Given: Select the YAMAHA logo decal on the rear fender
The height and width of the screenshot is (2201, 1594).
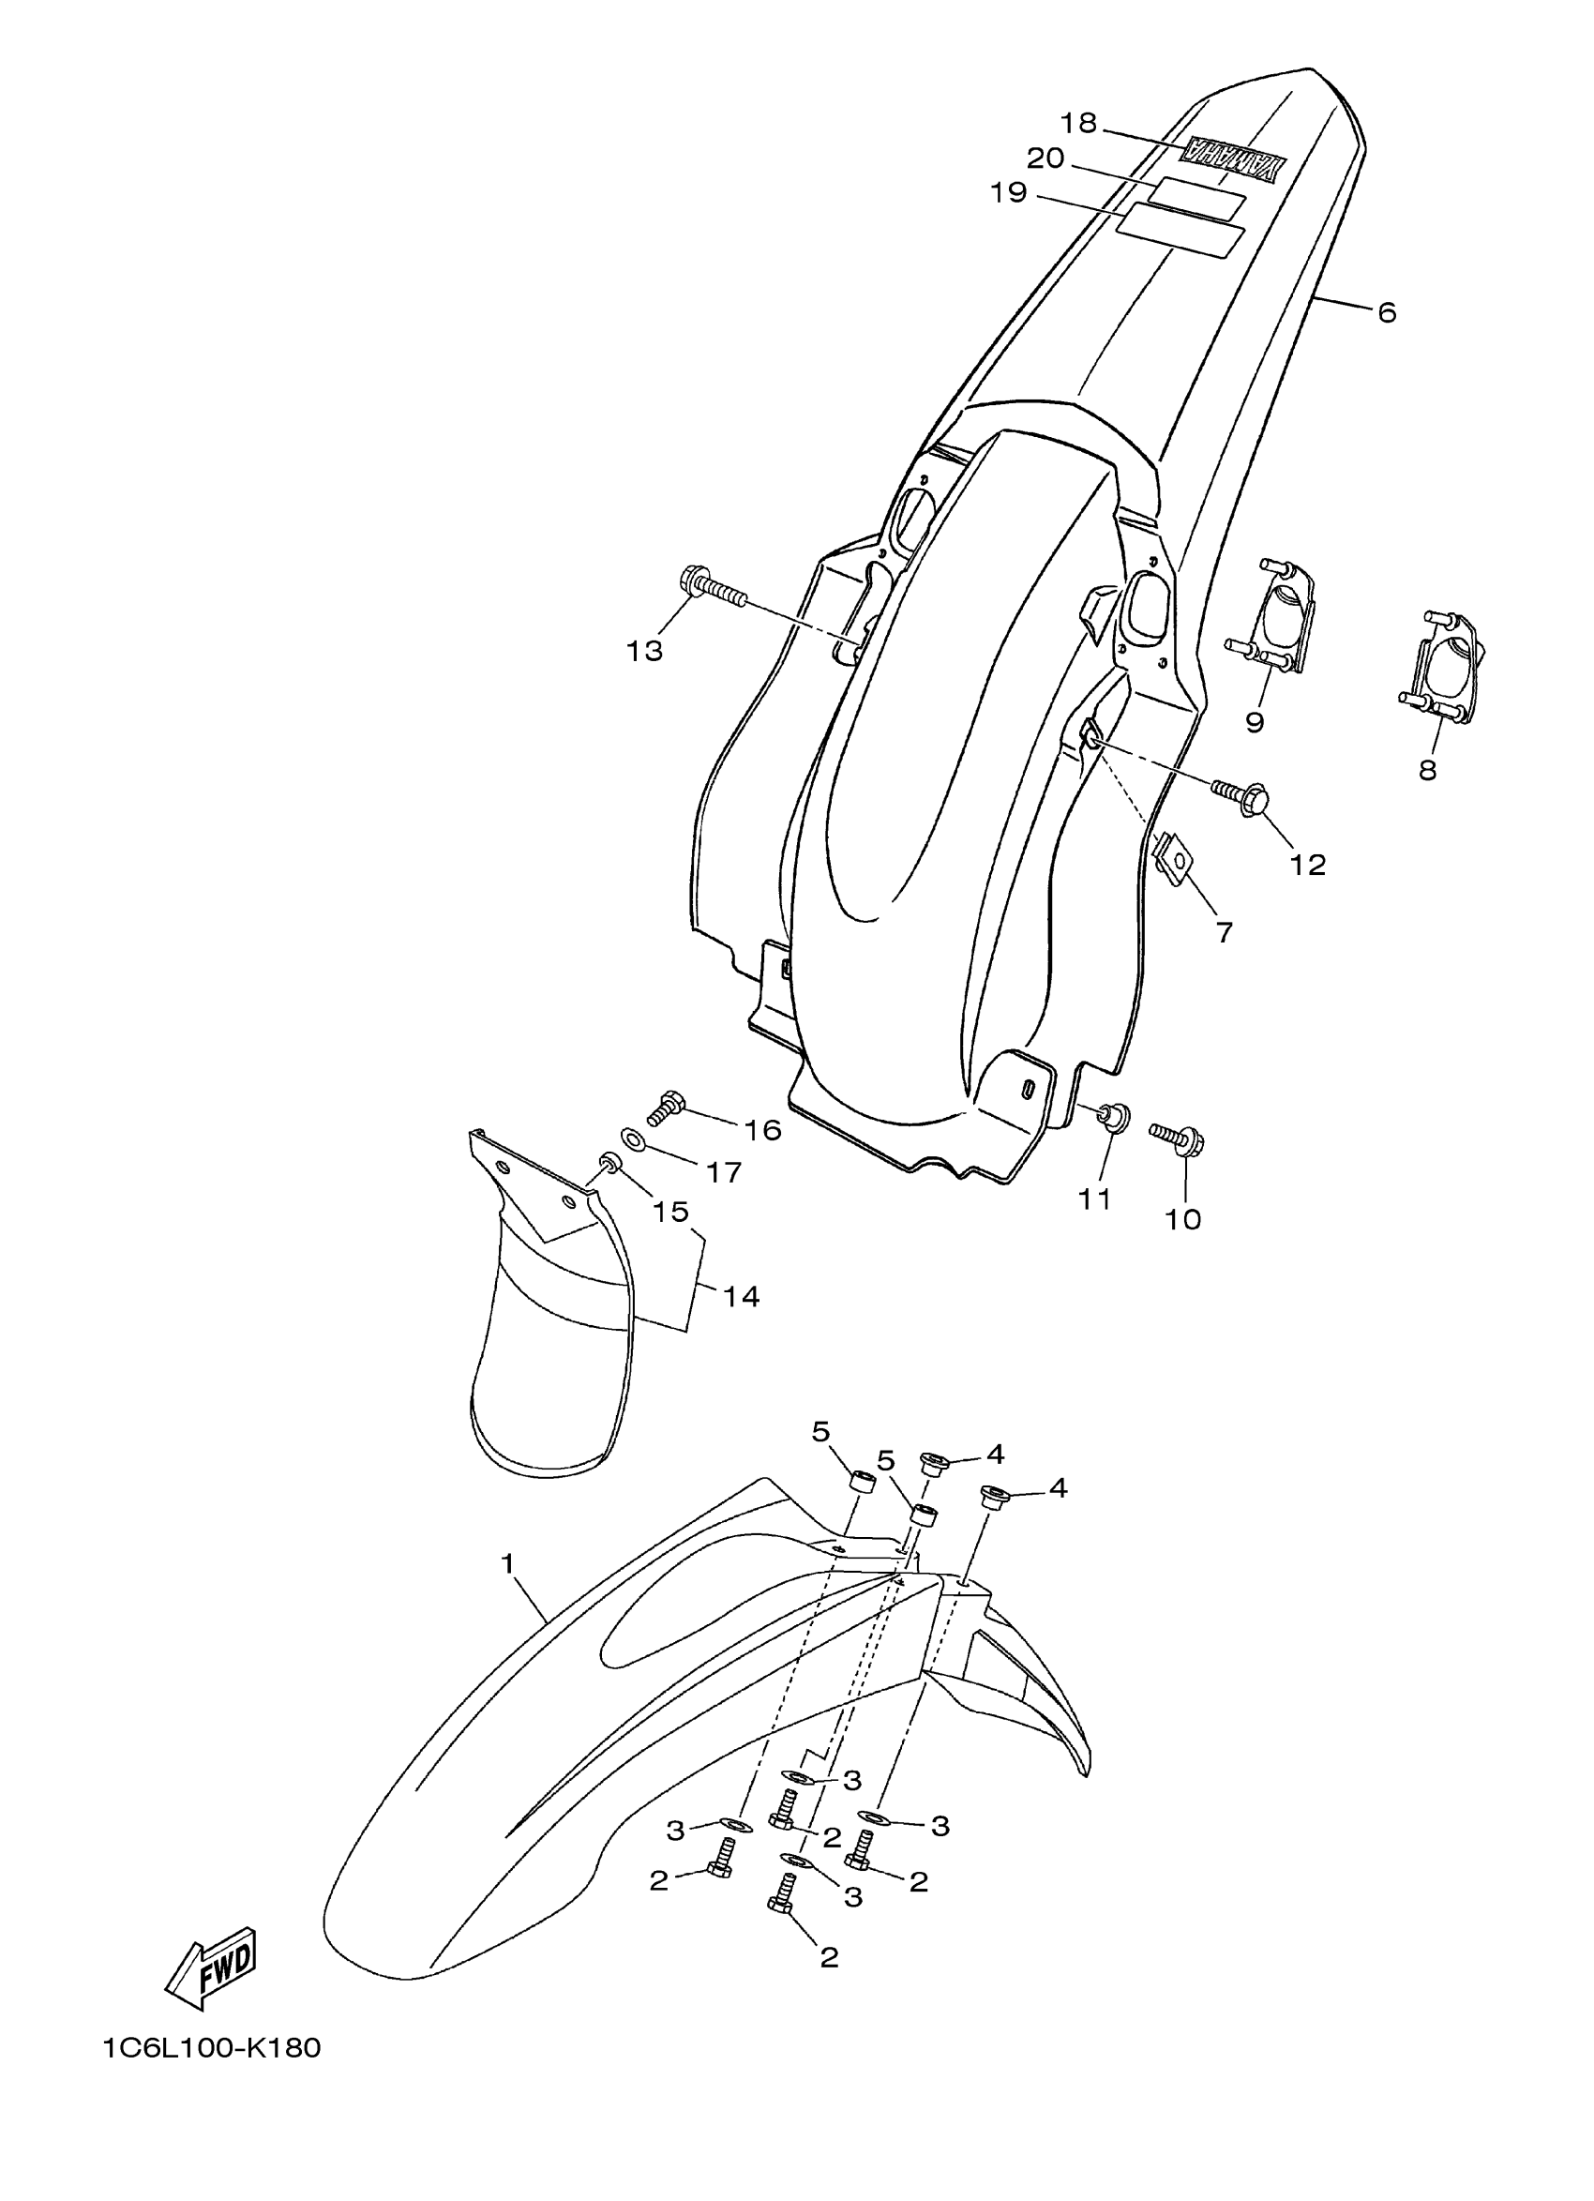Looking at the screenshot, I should coord(1232,158).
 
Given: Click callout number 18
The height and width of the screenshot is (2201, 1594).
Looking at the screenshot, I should coord(1078,123).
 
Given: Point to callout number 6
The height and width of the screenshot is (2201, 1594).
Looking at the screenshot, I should coord(1387,312).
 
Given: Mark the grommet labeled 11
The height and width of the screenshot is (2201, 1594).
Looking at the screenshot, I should coord(1113,1118).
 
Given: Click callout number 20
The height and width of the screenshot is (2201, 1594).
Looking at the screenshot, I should coord(1045,158).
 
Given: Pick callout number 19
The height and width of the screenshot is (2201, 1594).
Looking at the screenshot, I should coord(1008,192).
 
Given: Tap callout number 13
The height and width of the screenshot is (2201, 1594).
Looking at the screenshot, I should coord(644,650).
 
